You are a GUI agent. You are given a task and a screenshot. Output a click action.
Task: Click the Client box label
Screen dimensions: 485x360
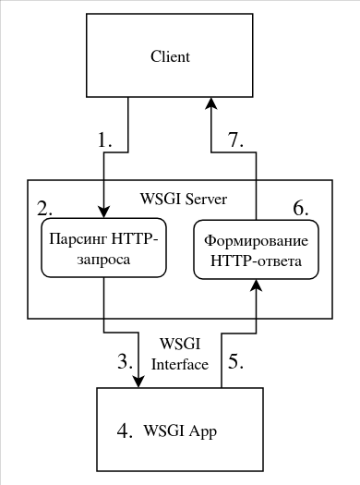tap(170, 57)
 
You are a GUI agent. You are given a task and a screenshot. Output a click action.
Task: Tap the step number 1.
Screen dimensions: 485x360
tap(105, 140)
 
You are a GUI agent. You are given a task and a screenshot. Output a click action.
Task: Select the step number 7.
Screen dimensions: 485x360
tap(235, 139)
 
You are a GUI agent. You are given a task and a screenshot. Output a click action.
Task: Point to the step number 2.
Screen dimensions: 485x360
tap(43, 205)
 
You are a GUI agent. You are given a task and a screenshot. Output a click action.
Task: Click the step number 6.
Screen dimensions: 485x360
tap(301, 207)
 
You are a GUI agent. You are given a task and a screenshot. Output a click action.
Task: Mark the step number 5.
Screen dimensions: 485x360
tap(235, 361)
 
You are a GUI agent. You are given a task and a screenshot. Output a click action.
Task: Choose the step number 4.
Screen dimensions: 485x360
tap(126, 430)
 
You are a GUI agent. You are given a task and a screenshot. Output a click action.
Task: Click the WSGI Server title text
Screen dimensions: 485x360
tap(183, 200)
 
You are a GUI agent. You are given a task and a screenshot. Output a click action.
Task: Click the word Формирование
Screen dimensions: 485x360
tap(256, 240)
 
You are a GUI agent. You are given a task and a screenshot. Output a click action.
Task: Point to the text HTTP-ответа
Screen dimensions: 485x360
tap(256, 261)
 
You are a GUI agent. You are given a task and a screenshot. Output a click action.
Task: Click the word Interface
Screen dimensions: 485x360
tap(179, 363)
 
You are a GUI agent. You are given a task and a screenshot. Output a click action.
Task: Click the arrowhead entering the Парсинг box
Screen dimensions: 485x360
tap(103, 212)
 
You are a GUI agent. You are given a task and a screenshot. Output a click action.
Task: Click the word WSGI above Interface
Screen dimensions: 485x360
tap(179, 345)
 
